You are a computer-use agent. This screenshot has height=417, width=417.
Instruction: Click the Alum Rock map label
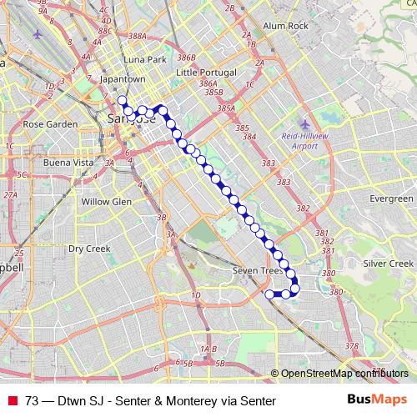point(285,26)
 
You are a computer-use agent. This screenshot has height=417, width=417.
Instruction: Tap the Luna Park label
point(144,60)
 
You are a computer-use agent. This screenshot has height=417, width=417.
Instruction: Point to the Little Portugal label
point(207,73)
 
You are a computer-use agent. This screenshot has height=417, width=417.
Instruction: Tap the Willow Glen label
point(107,202)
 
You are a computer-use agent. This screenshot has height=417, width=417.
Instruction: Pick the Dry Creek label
point(89,249)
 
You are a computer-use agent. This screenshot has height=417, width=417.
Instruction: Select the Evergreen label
point(391,199)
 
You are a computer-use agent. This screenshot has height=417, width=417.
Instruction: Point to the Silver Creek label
point(389,264)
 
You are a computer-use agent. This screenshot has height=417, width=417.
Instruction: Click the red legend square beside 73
point(12,401)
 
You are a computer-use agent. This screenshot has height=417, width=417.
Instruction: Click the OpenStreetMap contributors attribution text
point(344,374)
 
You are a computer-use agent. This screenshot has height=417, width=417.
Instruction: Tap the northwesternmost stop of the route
point(122,101)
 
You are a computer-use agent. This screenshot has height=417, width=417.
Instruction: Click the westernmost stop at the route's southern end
point(269,294)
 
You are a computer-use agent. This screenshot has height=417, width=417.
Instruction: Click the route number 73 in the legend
point(32,401)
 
